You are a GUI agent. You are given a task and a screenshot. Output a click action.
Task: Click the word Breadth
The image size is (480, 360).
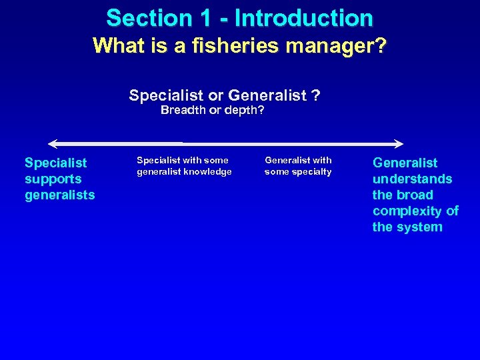tap(183, 110)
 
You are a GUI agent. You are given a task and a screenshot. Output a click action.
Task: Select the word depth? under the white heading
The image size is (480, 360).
tap(245, 110)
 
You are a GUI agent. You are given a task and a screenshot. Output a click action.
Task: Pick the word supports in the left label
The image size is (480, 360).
tap(53, 179)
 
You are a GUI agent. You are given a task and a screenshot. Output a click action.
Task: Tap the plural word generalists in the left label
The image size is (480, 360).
tap(59, 195)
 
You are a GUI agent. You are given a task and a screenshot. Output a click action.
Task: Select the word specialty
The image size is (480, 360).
tap(311, 172)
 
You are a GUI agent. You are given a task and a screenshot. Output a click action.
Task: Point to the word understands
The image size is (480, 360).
tap(412, 179)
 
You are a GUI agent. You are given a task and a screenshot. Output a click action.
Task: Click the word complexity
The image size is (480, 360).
tap(409, 211)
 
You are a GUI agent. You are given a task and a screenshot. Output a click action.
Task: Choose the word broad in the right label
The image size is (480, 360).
tap(415, 195)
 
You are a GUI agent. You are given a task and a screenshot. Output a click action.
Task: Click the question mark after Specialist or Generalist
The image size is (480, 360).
tap(315, 95)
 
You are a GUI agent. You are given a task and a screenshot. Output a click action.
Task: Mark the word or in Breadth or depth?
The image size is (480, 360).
tap(215, 110)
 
